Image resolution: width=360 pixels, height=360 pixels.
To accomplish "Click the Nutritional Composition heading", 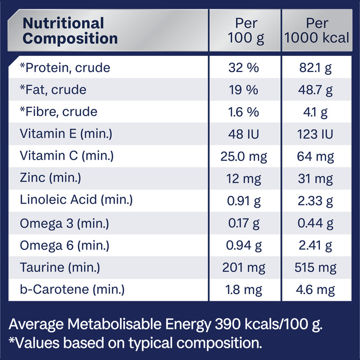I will [70, 31].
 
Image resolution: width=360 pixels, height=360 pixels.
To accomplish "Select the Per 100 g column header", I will [244, 31].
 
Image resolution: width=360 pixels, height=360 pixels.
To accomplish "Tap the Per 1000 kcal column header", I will [316, 31].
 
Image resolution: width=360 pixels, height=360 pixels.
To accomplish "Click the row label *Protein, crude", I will [65, 68].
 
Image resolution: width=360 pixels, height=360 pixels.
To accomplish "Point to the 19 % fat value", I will [244, 90].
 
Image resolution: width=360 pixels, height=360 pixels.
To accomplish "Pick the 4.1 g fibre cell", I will [316, 112].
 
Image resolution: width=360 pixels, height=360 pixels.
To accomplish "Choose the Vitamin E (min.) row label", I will [66, 134].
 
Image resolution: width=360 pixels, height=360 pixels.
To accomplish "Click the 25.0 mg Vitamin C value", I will [244, 156].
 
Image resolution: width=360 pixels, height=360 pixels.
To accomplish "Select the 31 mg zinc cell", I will [316, 179].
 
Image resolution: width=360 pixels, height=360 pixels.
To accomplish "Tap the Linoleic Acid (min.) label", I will [76, 200].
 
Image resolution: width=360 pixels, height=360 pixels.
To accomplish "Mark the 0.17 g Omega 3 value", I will [244, 223].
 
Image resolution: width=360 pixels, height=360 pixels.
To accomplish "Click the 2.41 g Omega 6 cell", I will [316, 245].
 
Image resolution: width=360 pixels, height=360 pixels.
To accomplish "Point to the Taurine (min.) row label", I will [60, 267].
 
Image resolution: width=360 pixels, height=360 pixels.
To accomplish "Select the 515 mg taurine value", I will [316, 267].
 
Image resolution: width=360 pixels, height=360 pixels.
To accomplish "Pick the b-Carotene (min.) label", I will [72, 290].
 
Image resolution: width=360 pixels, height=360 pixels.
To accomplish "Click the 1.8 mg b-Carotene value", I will [244, 290].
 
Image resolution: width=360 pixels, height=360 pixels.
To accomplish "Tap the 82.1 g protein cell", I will [316, 68].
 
